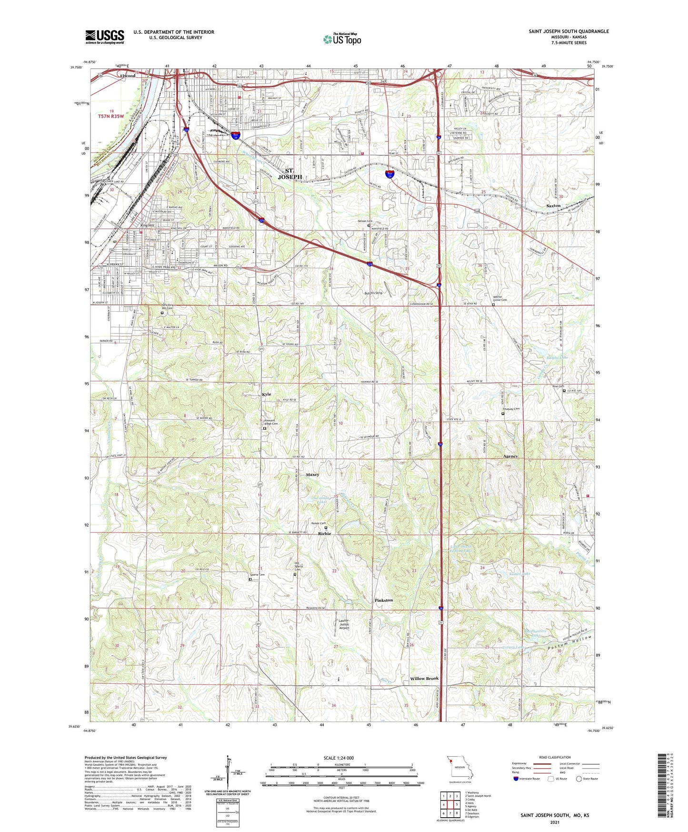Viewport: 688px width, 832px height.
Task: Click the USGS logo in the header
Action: pyautogui.click(x=105, y=37)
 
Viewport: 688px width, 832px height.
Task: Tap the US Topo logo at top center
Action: pyautogui.click(x=342, y=39)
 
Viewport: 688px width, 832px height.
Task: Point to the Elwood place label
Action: pyautogui.click(x=128, y=76)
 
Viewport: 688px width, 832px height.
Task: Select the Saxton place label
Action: pyautogui.click(x=553, y=206)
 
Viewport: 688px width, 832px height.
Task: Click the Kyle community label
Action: pyautogui.click(x=266, y=394)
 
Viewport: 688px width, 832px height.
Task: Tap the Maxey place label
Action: pyautogui.click(x=312, y=475)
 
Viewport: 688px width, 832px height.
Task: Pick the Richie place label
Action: pyautogui.click(x=324, y=534)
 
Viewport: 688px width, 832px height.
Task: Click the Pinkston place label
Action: pyautogui.click(x=384, y=600)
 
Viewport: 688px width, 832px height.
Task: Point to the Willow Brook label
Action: pyautogui.click(x=424, y=678)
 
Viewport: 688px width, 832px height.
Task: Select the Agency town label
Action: pyautogui.click(x=510, y=457)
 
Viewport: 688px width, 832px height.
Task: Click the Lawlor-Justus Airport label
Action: pyautogui.click(x=344, y=624)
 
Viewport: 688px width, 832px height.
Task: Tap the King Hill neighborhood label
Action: pyautogui.click(x=148, y=225)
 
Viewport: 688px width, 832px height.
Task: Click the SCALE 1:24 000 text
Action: pyautogui.click(x=339, y=758)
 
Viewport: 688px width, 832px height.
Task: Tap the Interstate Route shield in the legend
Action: pyautogui.click(x=516, y=779)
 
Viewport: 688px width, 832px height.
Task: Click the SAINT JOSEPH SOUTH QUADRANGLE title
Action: pyautogui.click(x=568, y=31)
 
